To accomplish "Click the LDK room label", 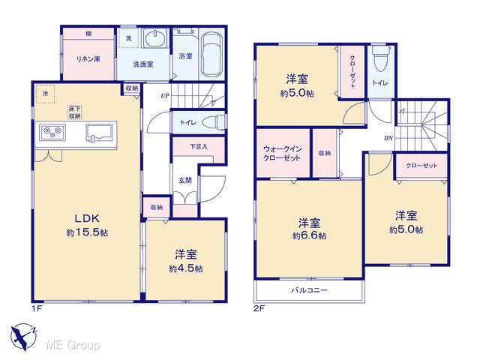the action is (87, 218).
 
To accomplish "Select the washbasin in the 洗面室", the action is (155, 39).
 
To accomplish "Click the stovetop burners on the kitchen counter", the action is (52, 132).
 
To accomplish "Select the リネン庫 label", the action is (88, 59).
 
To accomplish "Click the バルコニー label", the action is (309, 290).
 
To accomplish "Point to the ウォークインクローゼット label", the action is (282, 154).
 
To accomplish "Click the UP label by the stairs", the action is (165, 96).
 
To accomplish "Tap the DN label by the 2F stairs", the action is (388, 138).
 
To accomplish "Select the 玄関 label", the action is (185, 180).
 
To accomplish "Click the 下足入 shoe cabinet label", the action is (199, 147).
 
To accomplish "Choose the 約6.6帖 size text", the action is (309, 236).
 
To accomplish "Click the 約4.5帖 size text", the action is (185, 268).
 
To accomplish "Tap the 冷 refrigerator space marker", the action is (45, 94).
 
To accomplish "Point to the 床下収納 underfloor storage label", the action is (75, 112).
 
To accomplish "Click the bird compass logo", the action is (24, 337).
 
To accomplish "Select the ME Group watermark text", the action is (73, 345).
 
